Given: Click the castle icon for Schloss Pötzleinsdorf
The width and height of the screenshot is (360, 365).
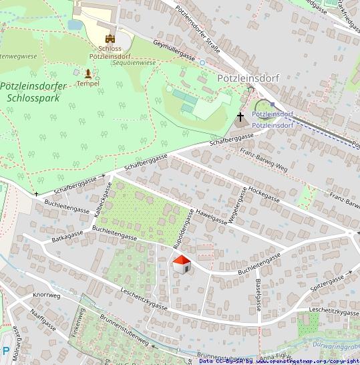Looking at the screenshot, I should (110, 39).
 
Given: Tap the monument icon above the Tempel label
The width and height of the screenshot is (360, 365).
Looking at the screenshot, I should (87, 72).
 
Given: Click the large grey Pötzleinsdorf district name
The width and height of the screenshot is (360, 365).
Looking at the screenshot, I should (248, 78).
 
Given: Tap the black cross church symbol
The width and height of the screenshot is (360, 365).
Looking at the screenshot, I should (240, 117).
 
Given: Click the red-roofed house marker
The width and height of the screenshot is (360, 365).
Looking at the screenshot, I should (182, 265).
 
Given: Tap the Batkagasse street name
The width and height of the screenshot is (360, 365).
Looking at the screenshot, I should (67, 238).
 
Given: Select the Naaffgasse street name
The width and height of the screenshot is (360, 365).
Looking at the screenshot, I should (43, 324).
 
